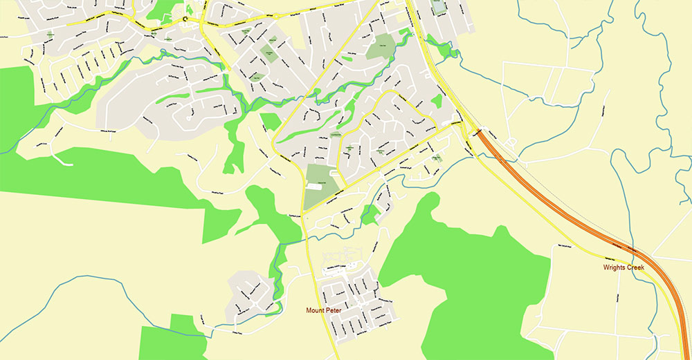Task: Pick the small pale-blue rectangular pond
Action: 439,7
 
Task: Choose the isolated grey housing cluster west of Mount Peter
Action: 249,290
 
